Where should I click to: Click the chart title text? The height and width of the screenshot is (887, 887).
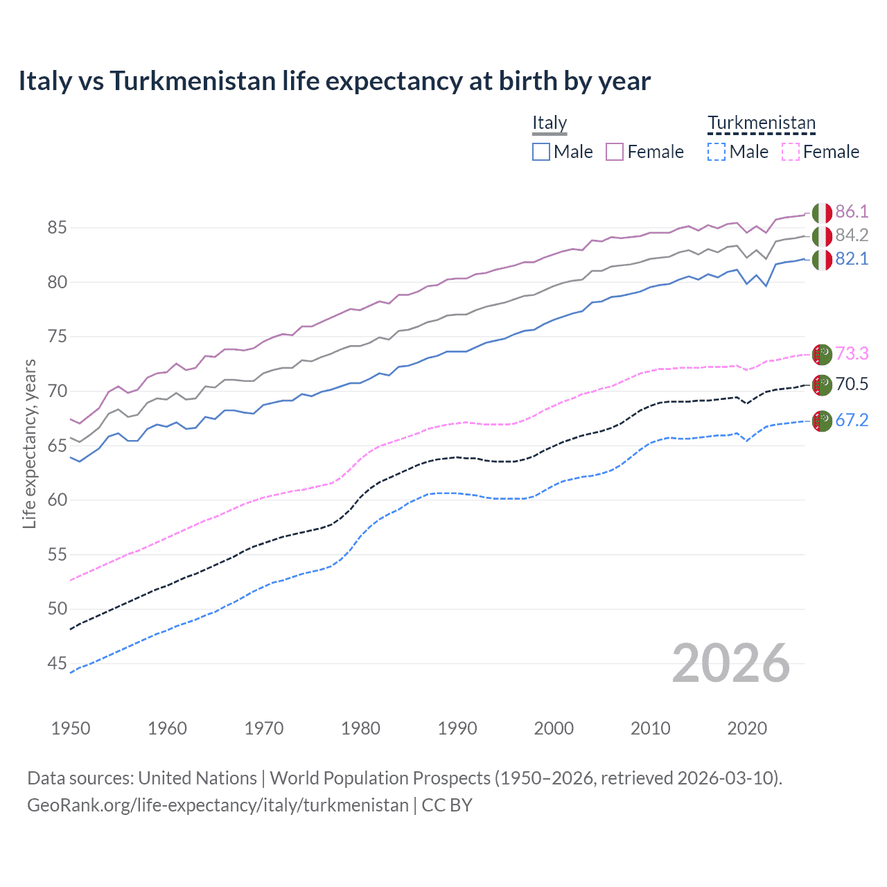334,81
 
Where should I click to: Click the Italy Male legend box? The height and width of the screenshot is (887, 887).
541,152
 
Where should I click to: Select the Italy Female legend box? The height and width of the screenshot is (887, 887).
615,152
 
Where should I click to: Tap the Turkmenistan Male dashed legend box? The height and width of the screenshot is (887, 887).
717,152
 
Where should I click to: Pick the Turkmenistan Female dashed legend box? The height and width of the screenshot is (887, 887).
791,152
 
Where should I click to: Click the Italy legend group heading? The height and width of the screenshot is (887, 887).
550,123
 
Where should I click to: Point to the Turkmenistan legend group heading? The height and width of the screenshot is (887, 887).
762,123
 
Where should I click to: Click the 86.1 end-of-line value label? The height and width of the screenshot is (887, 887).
852,212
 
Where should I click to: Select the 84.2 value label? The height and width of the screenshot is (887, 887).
852,236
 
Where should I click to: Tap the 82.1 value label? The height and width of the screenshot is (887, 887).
852,259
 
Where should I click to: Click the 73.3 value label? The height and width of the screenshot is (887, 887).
852,354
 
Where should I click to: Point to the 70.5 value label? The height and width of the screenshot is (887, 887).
852,385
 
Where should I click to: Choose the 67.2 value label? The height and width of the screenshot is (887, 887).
852,421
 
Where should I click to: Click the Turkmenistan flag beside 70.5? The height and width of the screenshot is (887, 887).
822,385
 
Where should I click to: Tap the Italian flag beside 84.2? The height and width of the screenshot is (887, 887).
822,236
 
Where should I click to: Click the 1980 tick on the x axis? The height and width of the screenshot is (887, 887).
360,728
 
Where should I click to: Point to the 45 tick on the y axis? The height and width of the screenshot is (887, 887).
57,664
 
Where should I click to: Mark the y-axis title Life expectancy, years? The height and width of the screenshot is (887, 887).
30,443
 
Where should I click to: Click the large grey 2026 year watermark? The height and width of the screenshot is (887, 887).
730,663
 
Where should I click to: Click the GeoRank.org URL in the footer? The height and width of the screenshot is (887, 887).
218,805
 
